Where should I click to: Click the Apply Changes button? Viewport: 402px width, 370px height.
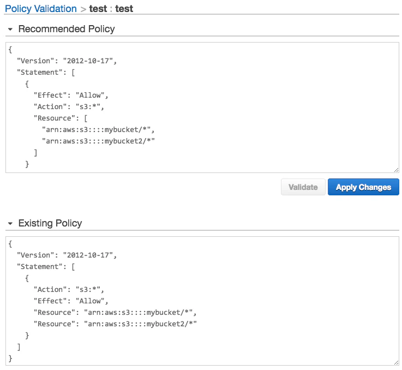(x=363, y=187)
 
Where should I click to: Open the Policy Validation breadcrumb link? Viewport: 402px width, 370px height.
(x=41, y=9)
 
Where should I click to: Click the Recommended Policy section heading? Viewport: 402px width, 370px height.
(x=67, y=29)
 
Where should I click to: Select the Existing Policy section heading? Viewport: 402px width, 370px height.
(x=50, y=223)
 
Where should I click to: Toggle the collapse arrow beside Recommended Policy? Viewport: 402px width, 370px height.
(x=10, y=29)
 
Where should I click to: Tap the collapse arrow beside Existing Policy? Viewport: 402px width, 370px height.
(x=10, y=224)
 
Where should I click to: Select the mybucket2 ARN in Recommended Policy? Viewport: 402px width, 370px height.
(x=98, y=141)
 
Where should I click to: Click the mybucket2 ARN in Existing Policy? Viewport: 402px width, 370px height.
(x=141, y=324)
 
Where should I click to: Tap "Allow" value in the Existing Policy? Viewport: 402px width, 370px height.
(x=90, y=301)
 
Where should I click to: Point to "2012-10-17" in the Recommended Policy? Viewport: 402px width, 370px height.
(x=88, y=61)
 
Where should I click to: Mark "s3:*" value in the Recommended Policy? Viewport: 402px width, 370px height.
(x=88, y=107)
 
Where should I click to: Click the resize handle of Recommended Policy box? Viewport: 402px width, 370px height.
(x=397, y=170)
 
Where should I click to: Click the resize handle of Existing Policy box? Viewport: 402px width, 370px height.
(x=397, y=362)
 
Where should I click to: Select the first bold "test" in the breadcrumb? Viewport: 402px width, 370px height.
(x=98, y=9)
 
